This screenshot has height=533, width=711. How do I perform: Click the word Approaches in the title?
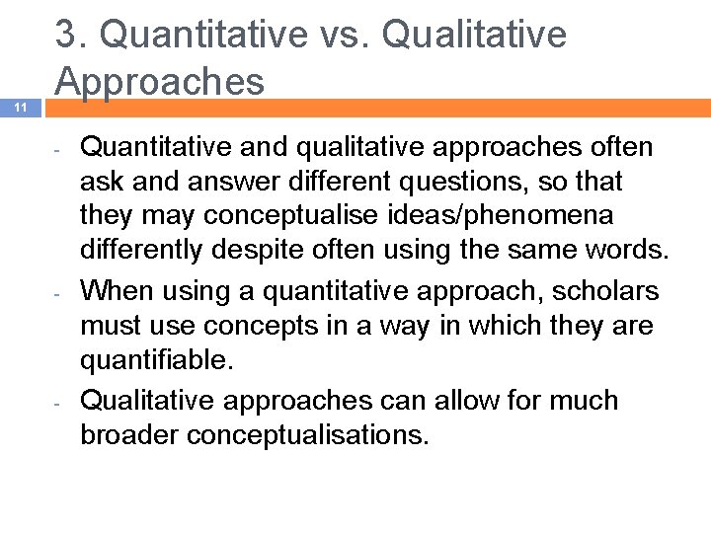[160, 82]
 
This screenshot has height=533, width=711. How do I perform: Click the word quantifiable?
[156, 359]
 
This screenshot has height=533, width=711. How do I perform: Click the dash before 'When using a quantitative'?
[59, 294]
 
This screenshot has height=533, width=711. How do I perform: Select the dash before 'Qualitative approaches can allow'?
[59, 404]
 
